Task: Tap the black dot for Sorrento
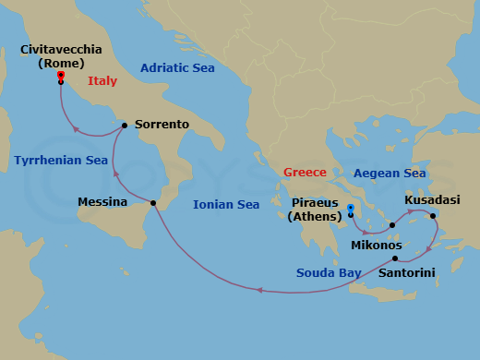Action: coord(124,124)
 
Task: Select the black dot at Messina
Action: coord(153,203)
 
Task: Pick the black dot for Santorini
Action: coord(395,258)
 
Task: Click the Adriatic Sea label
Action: coord(177,66)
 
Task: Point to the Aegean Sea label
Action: coord(390,173)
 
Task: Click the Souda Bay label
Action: coord(328,272)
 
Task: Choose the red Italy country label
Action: coord(102,81)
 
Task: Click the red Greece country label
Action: coord(306,173)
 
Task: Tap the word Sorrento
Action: coord(162,124)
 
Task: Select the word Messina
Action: coord(102,202)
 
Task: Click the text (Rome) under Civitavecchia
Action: coord(59,64)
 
